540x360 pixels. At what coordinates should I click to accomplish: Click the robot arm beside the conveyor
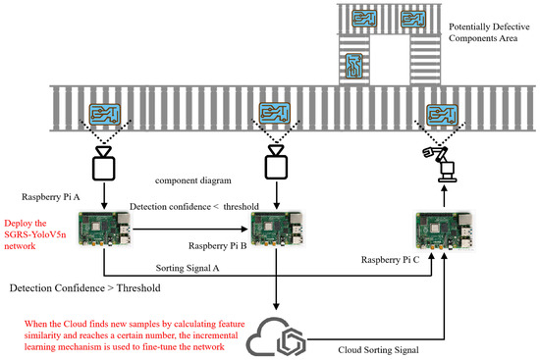(439, 163)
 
